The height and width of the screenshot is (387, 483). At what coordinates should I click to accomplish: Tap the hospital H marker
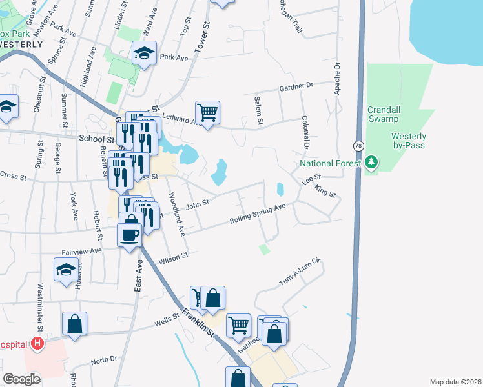coord(38,342)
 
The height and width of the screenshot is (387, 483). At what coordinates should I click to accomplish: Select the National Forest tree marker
coord(371,163)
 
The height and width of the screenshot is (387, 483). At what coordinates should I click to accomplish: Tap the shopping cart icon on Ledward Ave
coord(207,113)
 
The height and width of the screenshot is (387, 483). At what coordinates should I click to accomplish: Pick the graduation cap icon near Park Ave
coord(144,54)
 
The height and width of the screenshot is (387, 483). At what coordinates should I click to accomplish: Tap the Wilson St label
coord(173,257)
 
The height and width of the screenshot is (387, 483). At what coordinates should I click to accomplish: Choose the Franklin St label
coord(198,319)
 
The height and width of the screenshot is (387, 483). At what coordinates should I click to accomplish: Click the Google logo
coord(21,379)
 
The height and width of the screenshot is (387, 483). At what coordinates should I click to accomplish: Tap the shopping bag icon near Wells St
coord(74,325)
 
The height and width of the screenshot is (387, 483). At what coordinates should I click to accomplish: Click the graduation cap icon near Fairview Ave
coord(66,270)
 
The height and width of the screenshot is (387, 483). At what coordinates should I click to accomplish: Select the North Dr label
coord(104,360)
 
